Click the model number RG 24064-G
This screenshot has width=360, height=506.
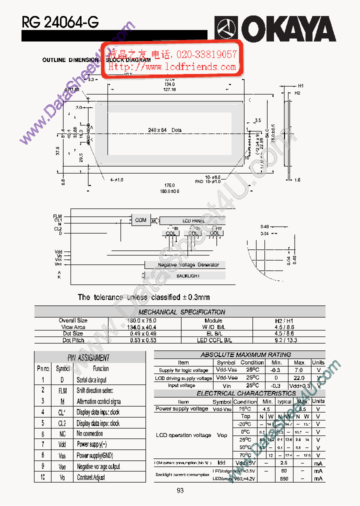pos(60,22)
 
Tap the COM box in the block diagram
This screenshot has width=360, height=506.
pos(140,220)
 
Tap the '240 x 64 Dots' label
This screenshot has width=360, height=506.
pos(165,130)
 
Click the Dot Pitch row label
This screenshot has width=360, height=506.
pos(73,340)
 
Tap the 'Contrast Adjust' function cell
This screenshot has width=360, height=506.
pos(91,477)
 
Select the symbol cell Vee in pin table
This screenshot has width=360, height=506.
pos(62,466)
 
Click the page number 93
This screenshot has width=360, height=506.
pos(180,490)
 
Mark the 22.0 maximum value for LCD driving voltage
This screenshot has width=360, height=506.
pos(299,378)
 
